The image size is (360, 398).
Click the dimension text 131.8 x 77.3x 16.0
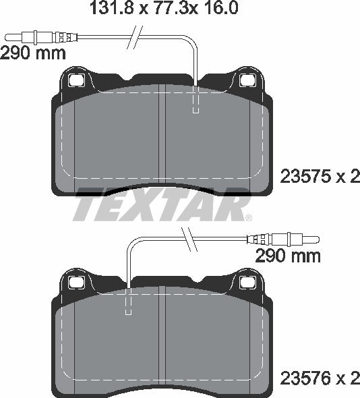coord(164,9)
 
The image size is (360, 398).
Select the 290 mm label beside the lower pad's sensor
coord(287,256)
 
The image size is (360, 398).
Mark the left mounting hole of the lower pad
coord(75,279)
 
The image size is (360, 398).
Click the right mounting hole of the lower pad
coord(247,279)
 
